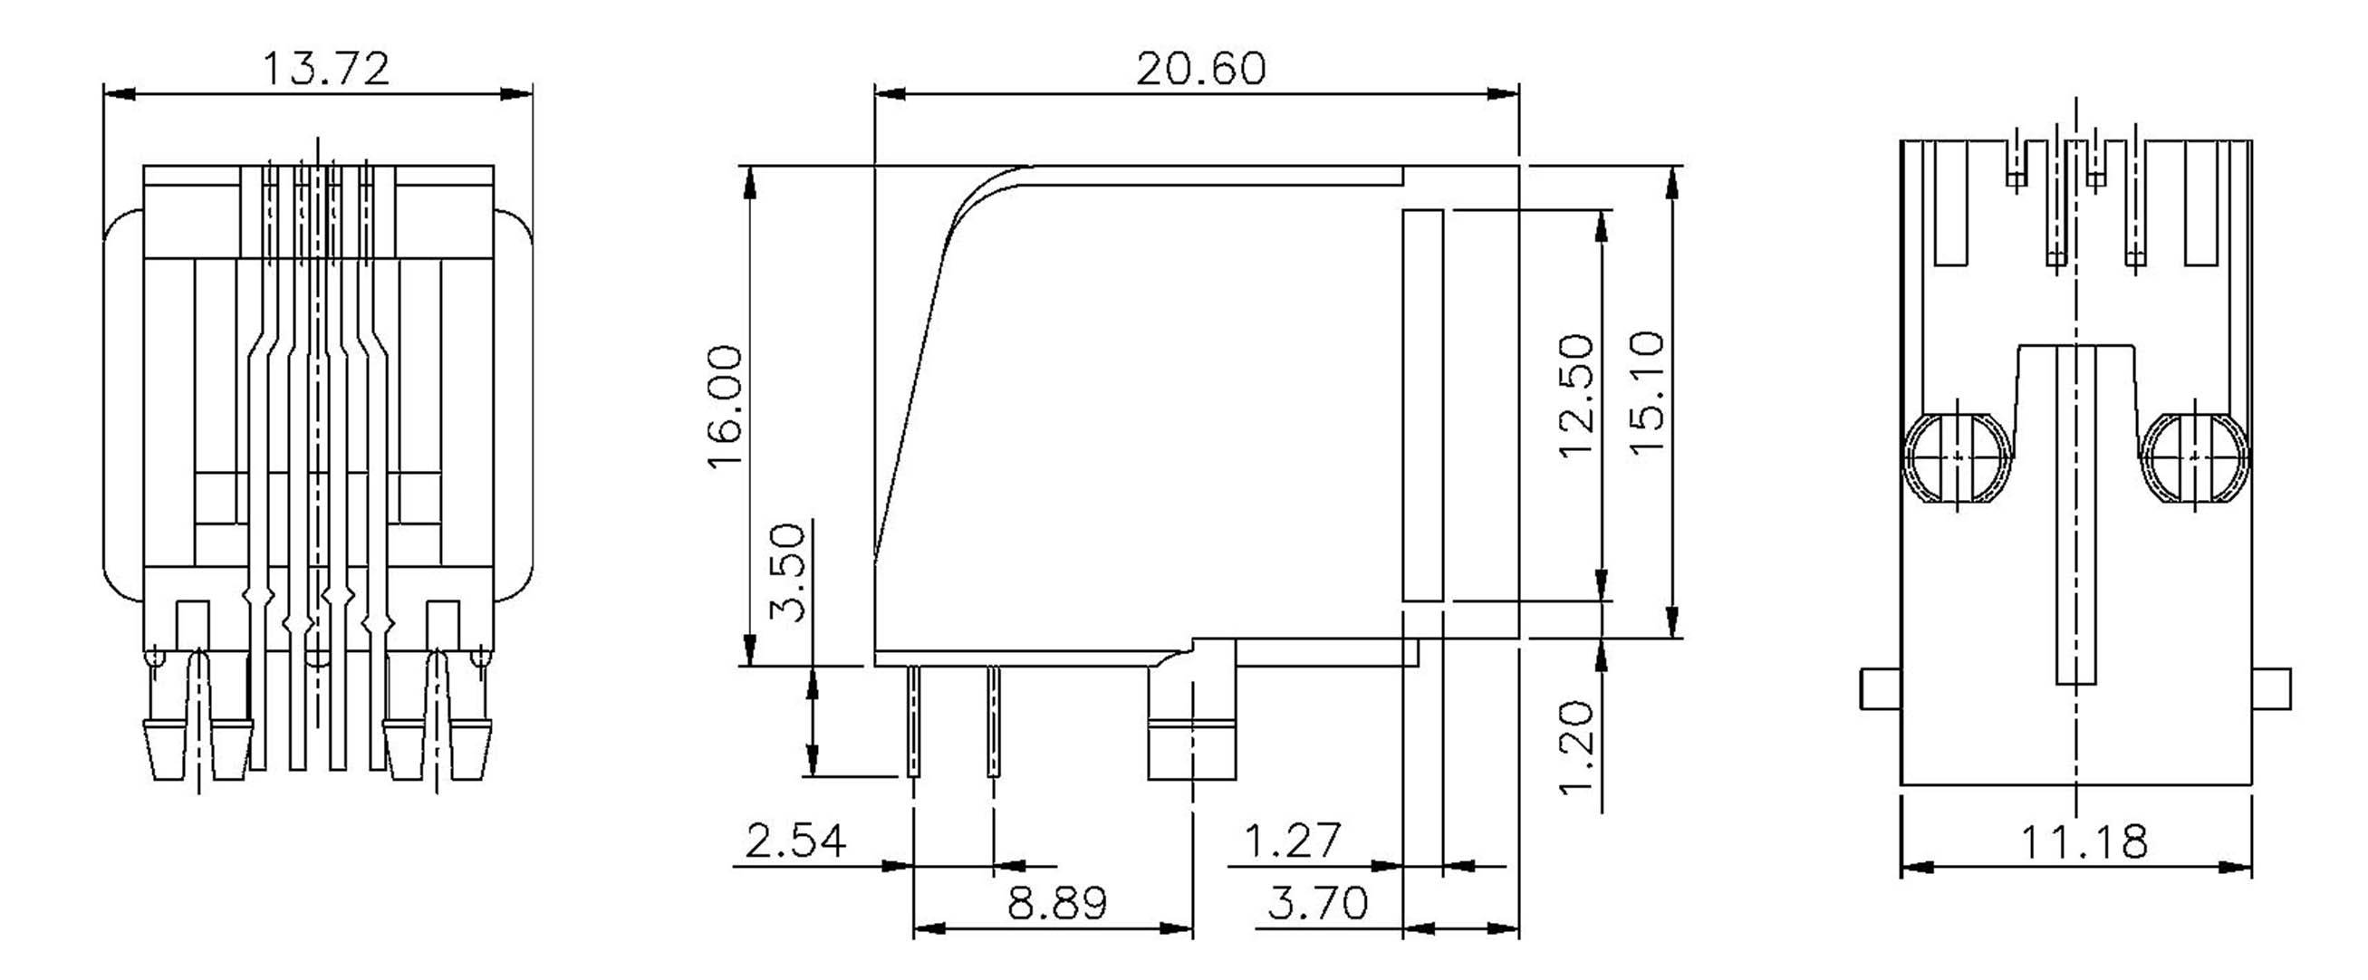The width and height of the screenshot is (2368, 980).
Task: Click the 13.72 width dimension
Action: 326,69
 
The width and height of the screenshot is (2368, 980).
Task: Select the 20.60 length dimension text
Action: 1200,69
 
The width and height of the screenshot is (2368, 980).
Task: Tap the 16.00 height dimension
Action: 726,407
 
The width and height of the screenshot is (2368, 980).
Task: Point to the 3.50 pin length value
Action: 788,572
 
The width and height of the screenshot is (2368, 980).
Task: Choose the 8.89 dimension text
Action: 1057,904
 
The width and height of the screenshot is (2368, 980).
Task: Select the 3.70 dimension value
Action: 1317,904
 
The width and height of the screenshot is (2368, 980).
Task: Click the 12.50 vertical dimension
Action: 1575,395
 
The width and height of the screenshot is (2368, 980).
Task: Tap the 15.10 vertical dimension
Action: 1647,392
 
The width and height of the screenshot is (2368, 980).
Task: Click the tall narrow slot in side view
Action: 1422,405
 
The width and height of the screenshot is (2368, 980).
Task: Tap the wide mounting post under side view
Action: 1191,726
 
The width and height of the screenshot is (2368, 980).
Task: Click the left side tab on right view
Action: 1880,688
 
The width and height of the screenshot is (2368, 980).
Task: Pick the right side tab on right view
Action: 2271,688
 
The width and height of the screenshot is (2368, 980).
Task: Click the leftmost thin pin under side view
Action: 913,722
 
